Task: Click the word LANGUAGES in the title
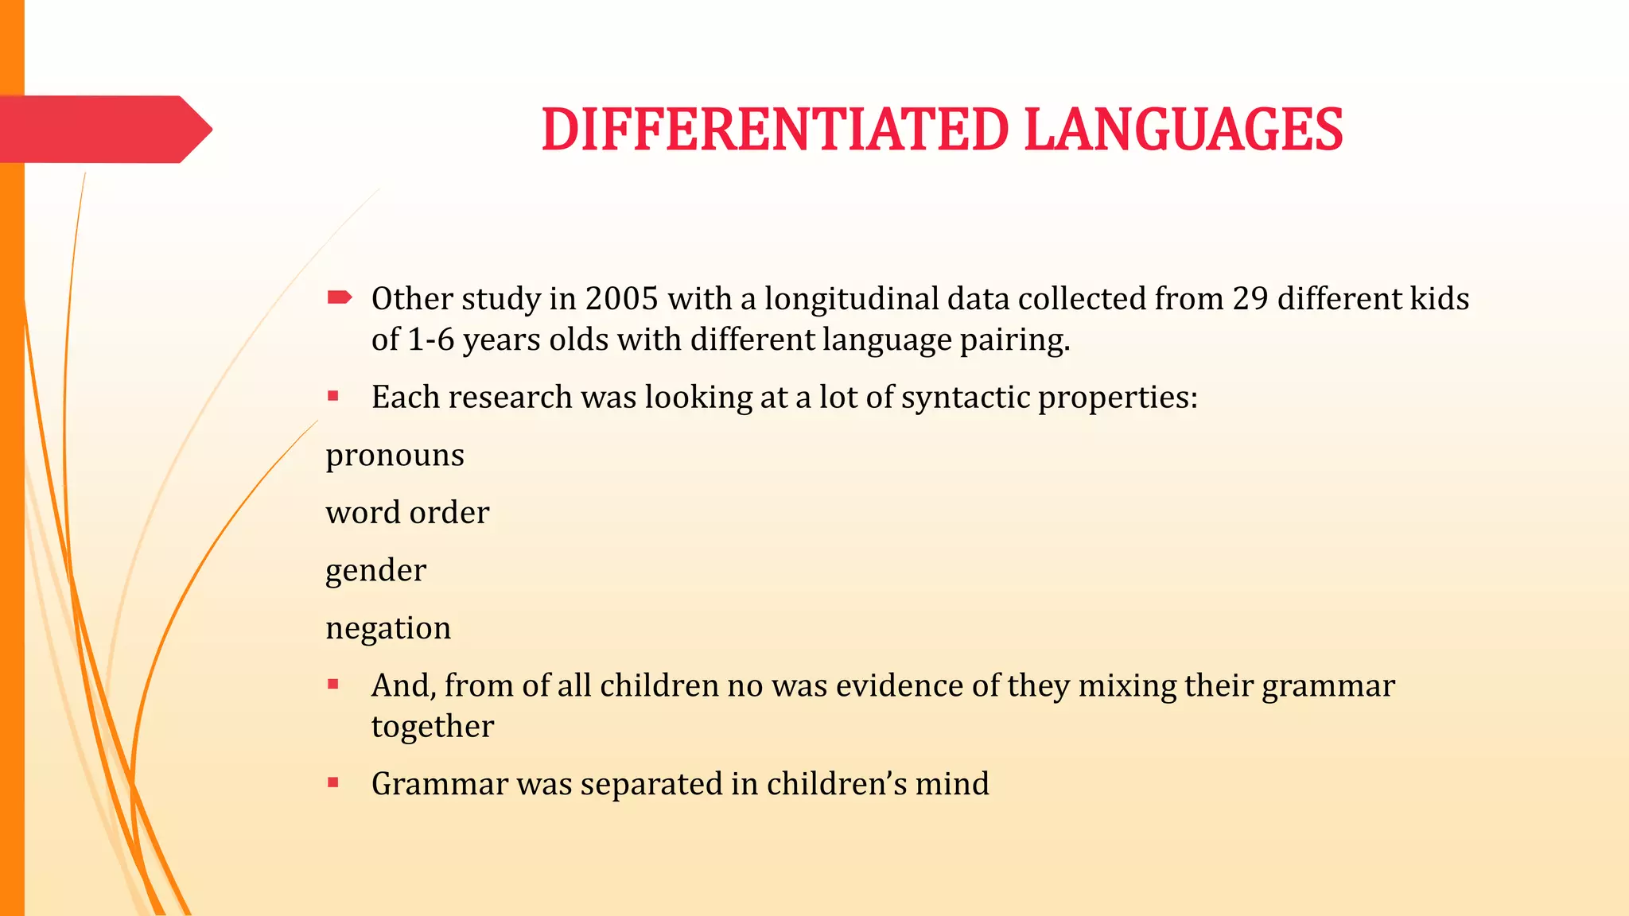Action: pyautogui.click(x=1184, y=130)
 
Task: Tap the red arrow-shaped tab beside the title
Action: pyautogui.click(x=103, y=130)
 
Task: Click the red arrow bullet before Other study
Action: pyautogui.click(x=339, y=298)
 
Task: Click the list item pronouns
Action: pyautogui.click(x=395, y=456)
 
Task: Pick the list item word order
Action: pyautogui.click(x=407, y=513)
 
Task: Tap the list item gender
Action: pyautogui.click(x=375, y=571)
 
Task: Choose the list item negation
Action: pyautogui.click(x=388, y=628)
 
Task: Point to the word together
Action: pyautogui.click(x=433, y=726)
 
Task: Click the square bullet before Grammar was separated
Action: pyautogui.click(x=333, y=783)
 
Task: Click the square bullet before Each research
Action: pyautogui.click(x=333, y=396)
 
